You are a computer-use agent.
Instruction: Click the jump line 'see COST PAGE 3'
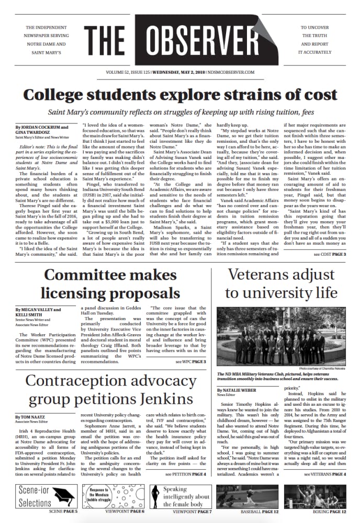click(324, 254)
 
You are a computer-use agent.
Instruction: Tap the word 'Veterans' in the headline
click(260, 276)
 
